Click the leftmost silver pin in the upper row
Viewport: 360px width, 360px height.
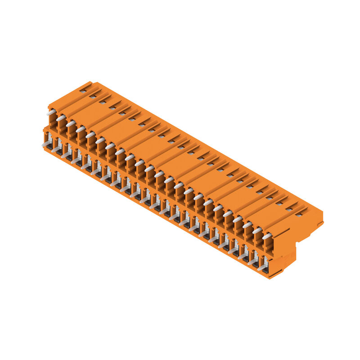click(51, 112)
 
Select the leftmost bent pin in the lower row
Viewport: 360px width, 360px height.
click(46, 144)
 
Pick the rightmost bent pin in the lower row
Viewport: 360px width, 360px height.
click(262, 267)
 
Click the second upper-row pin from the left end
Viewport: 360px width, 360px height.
click(61, 118)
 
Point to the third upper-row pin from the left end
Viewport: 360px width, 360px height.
click(71, 123)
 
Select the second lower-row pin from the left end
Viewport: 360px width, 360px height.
click(56, 149)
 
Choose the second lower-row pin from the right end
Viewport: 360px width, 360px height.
click(252, 261)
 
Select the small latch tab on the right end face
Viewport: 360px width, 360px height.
click(320, 223)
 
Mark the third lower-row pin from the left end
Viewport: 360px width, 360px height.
click(66, 155)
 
